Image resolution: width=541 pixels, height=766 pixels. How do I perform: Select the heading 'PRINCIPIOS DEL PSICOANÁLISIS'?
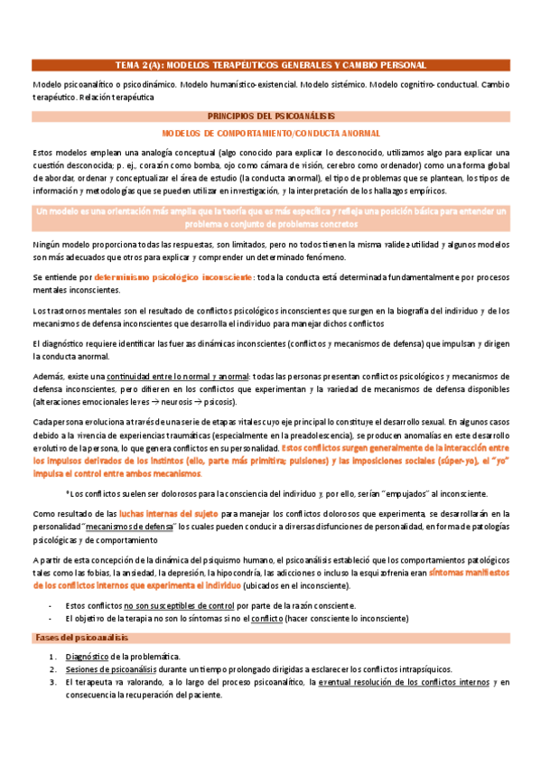click(x=271, y=117)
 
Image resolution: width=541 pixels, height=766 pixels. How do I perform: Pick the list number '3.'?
click(x=53, y=682)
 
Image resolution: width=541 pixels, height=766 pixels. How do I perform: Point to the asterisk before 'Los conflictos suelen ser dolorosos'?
click(x=69, y=492)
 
